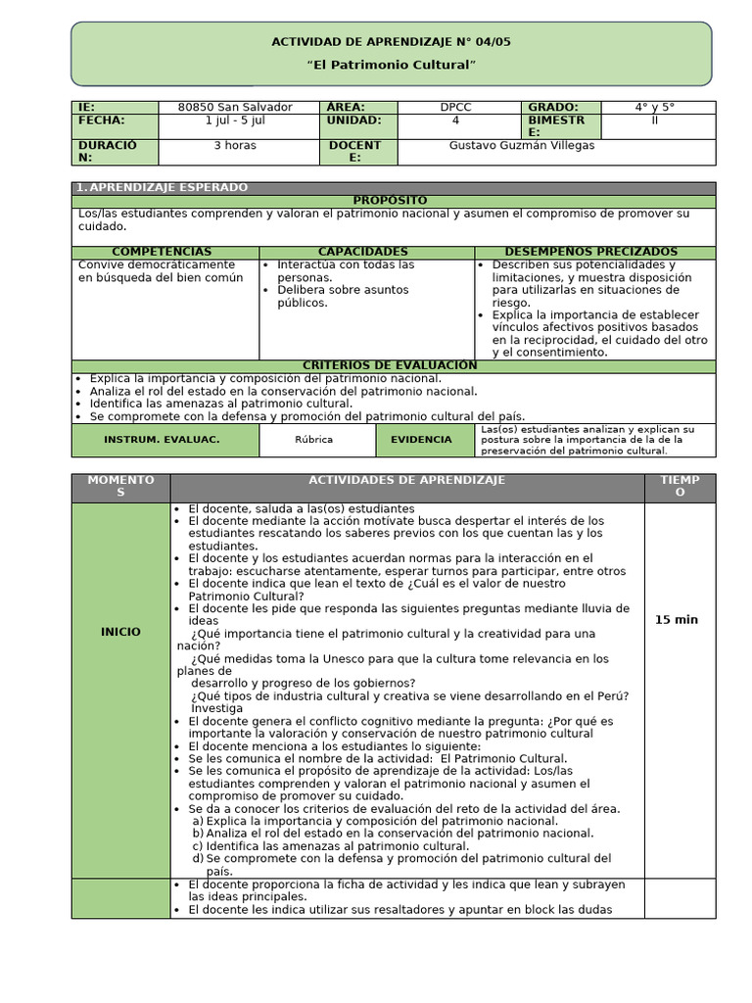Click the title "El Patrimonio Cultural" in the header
(392, 65)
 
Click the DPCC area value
(455, 107)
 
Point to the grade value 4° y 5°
(655, 107)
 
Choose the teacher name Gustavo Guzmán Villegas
(521, 145)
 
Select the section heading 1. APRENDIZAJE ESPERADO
(163, 187)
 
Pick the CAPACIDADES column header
(362, 252)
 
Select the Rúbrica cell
(313, 440)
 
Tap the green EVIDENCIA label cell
(421, 440)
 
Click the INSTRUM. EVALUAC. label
(162, 440)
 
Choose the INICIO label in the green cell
(120, 632)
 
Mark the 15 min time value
(676, 620)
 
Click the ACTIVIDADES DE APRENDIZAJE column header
(406, 480)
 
